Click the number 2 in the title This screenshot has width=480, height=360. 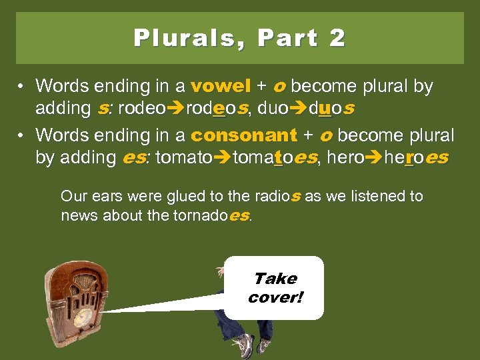(337, 38)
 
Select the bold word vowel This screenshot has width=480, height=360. (221, 87)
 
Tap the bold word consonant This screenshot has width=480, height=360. (243, 135)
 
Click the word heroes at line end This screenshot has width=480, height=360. (417, 158)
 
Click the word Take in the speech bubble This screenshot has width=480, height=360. (275, 279)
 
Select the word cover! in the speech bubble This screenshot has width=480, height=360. (275, 297)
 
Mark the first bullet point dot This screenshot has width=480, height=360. (22, 87)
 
